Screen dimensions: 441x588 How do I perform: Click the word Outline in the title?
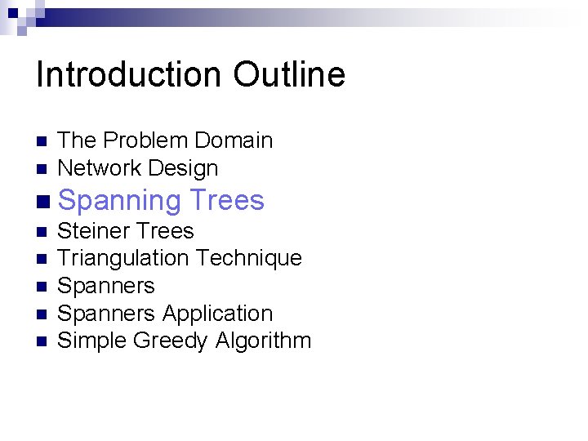(289, 74)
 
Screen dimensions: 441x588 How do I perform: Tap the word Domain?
(232, 140)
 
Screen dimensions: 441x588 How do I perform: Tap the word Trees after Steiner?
(165, 231)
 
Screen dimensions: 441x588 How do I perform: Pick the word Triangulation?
(122, 258)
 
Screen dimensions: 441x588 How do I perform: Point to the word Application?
(217, 314)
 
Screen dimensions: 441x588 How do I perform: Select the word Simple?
(91, 341)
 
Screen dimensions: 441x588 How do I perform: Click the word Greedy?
(170, 341)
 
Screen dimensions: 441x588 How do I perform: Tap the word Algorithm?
(263, 341)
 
